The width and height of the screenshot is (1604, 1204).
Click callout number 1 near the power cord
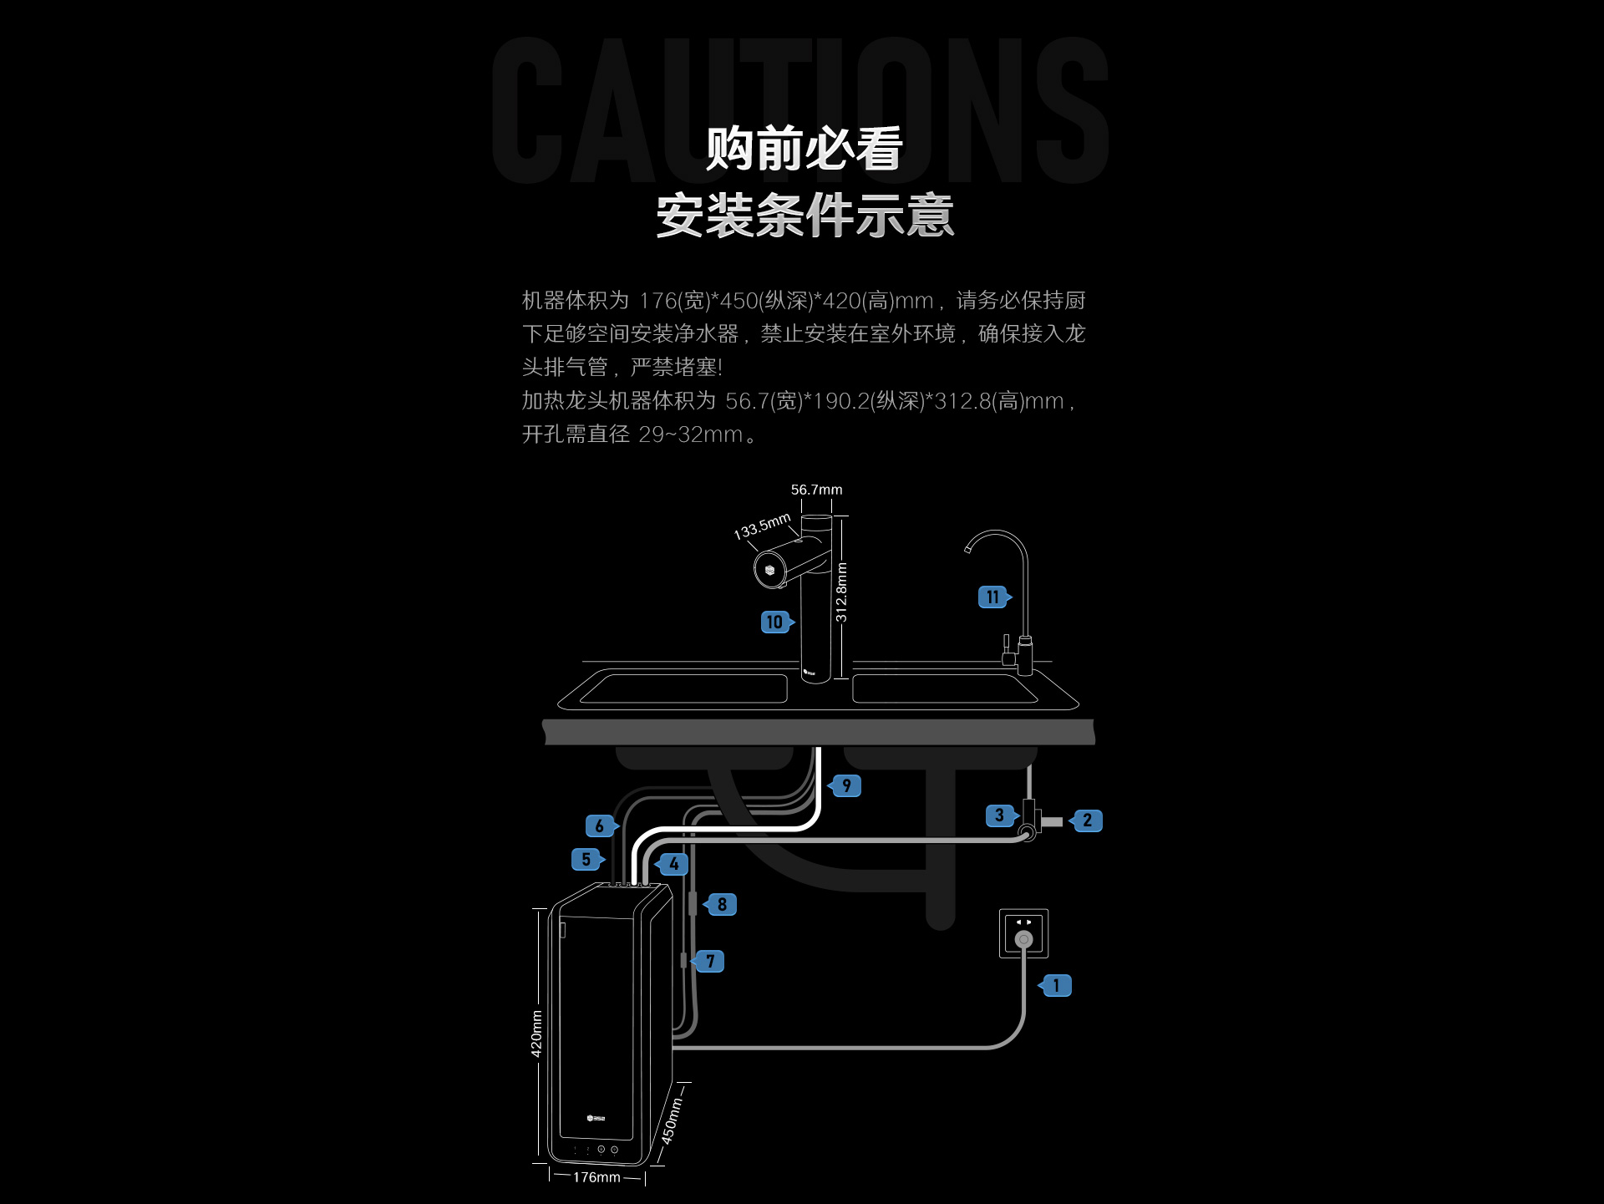pyautogui.click(x=1057, y=986)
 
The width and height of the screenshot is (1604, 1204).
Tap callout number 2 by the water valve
pyautogui.click(x=1087, y=820)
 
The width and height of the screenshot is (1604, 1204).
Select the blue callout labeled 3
pyautogui.click(x=999, y=815)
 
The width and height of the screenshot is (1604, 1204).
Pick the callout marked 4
pyautogui.click(x=673, y=864)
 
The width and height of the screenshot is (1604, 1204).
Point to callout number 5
pyautogui.click(x=586, y=859)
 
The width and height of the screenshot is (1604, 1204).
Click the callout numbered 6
pyautogui.click(x=600, y=826)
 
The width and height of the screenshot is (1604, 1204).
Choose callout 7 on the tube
pyautogui.click(x=710, y=961)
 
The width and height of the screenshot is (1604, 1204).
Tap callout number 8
pyautogui.click(x=722, y=905)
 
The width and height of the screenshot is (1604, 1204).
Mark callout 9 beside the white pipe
pyautogui.click(x=846, y=786)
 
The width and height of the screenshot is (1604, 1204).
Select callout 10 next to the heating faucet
pyautogui.click(x=775, y=622)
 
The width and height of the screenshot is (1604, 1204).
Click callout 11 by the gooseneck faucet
pyautogui.click(x=992, y=597)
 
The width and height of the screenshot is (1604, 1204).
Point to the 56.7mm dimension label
pyautogui.click(x=816, y=490)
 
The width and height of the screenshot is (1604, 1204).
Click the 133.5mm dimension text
pyautogui.click(x=762, y=526)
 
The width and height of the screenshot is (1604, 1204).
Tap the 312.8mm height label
pyautogui.click(x=841, y=592)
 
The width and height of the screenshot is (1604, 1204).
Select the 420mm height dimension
pyautogui.click(x=536, y=1034)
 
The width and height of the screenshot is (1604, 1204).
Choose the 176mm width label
pyautogui.click(x=596, y=1177)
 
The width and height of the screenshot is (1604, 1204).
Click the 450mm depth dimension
pyautogui.click(x=672, y=1120)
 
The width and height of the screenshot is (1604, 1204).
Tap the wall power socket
pyautogui.click(x=1023, y=933)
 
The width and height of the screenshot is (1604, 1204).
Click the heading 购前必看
pyautogui.click(x=804, y=149)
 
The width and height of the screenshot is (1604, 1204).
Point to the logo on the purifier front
pyautogui.click(x=596, y=1118)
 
